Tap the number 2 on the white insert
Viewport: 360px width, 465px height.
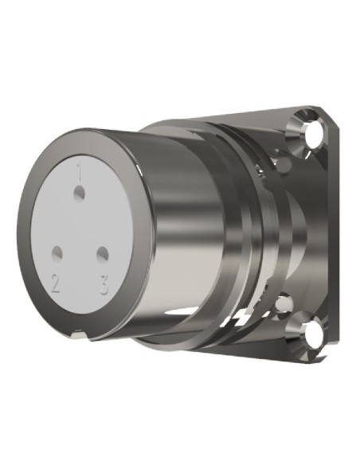pyautogui.click(x=55, y=283)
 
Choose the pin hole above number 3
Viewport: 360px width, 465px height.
pyautogui.click(x=102, y=254)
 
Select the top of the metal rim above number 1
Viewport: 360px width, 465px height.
pyautogui.click(x=88, y=136)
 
